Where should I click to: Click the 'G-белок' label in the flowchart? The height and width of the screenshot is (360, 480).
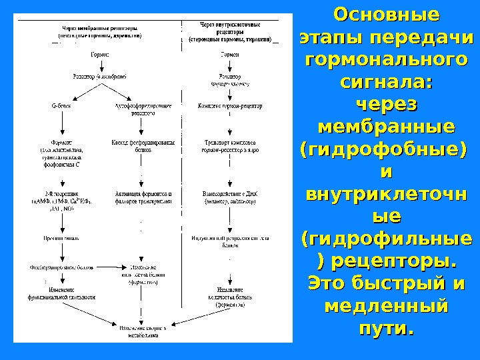61,105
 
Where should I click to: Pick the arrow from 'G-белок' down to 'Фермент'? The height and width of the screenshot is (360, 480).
61,123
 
